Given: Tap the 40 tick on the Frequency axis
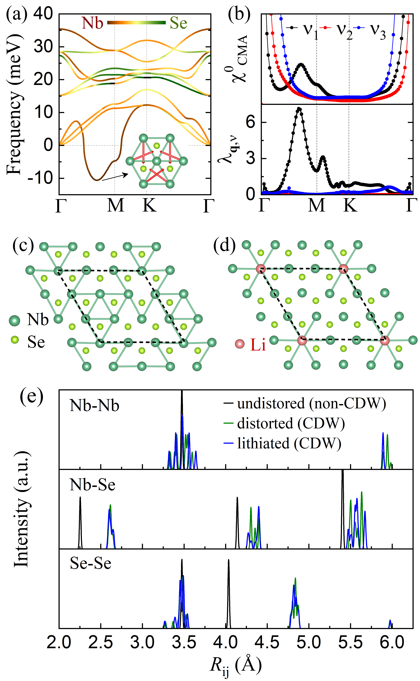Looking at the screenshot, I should [x=43, y=13].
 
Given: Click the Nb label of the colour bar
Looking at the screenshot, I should [x=92, y=23].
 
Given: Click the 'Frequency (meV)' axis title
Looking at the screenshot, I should [x=14, y=104].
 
